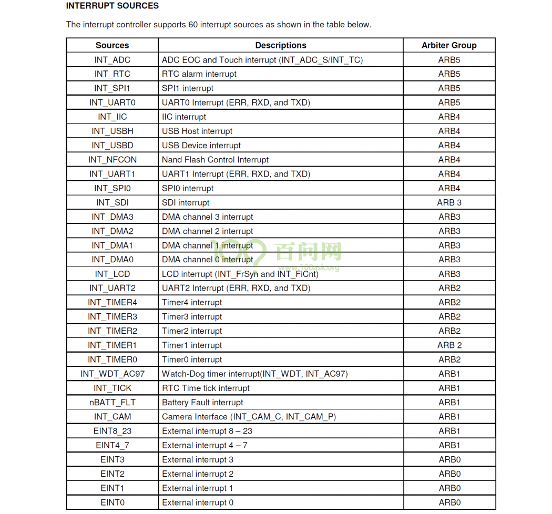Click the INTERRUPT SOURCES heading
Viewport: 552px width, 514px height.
point(113,6)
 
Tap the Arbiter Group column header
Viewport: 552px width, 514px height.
point(449,45)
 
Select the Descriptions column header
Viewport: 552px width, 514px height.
point(281,45)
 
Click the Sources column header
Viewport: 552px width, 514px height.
point(112,45)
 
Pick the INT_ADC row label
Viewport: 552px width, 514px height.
point(112,60)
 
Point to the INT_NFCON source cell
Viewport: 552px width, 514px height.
point(112,160)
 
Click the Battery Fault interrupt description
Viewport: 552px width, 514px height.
point(202,403)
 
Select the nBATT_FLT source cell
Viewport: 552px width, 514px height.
point(112,403)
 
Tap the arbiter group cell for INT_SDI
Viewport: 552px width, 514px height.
point(449,202)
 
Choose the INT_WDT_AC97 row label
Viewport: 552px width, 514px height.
point(112,374)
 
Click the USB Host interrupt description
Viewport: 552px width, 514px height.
point(197,131)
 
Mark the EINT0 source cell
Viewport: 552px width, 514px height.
point(112,502)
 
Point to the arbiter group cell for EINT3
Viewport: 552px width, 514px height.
point(449,459)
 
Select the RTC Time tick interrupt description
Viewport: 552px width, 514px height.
point(206,388)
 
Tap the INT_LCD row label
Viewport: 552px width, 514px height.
point(112,274)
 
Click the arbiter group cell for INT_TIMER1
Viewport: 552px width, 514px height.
point(449,345)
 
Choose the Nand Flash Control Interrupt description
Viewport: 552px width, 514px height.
point(215,160)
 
